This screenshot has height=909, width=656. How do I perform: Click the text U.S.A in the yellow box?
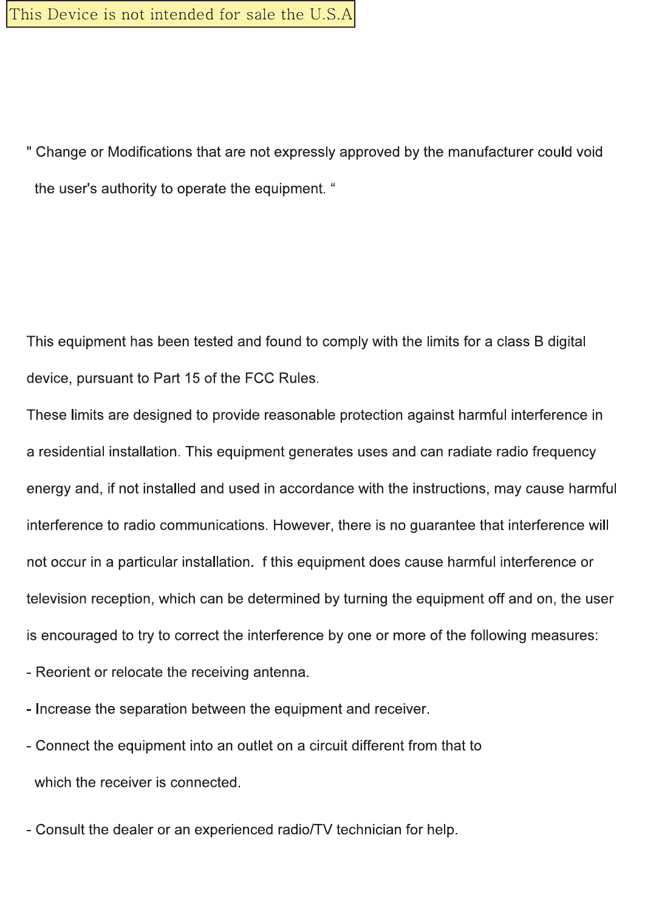pyautogui.click(x=331, y=15)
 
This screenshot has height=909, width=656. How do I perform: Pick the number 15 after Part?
pyautogui.click(x=192, y=379)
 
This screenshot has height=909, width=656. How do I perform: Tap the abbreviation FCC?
pyautogui.click(x=259, y=379)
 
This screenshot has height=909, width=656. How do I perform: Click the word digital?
pyautogui.click(x=566, y=342)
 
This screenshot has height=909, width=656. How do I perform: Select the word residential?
pyautogui.click(x=72, y=452)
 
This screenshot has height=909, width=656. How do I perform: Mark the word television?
pyautogui.click(x=58, y=599)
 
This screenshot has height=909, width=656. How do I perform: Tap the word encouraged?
pyautogui.click(x=79, y=636)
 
